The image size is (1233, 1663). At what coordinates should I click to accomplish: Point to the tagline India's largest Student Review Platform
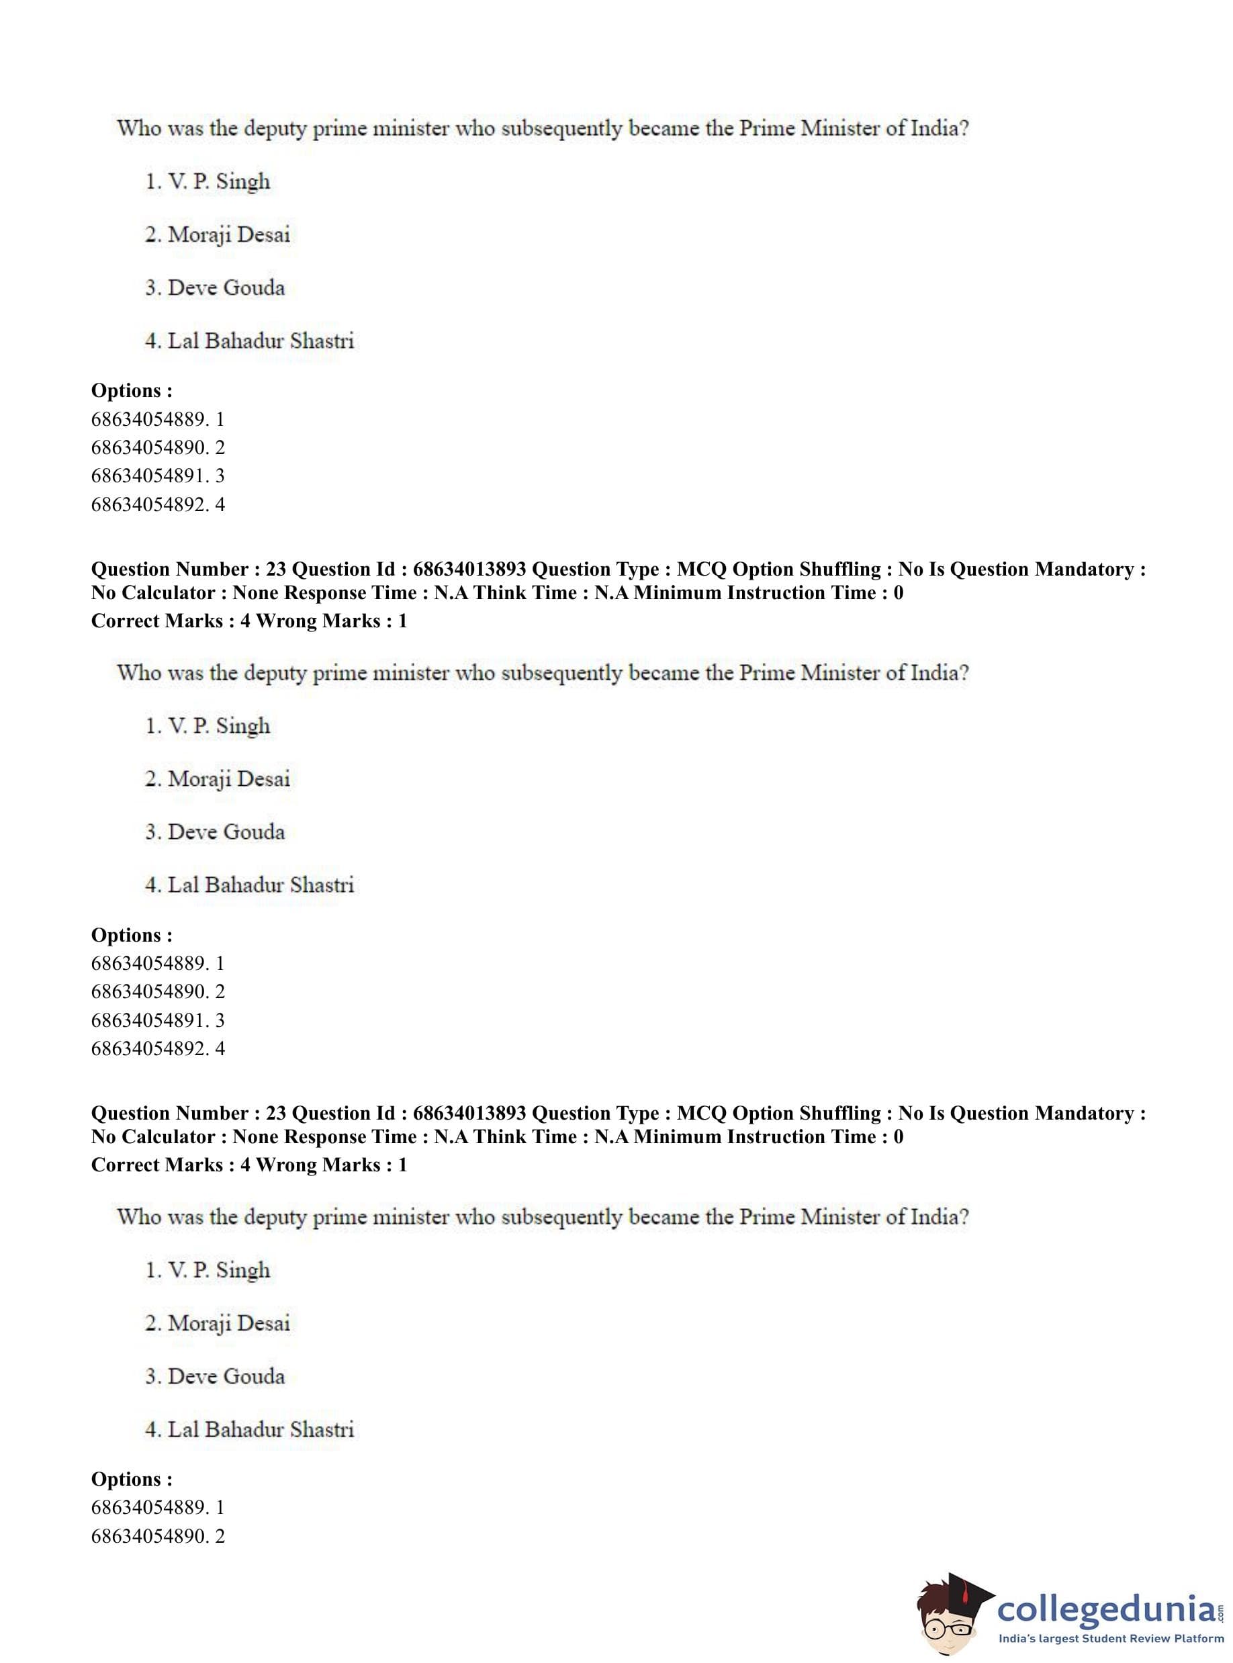[x=1111, y=1638]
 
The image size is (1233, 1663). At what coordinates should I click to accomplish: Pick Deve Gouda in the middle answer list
[x=215, y=831]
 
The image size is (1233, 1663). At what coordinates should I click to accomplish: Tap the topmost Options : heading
[x=132, y=390]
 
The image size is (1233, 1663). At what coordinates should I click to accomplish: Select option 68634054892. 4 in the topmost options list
[x=158, y=504]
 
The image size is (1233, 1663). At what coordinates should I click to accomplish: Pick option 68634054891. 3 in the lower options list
[x=158, y=1020]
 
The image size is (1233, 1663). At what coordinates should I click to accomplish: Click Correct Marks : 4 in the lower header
[x=170, y=1165]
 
